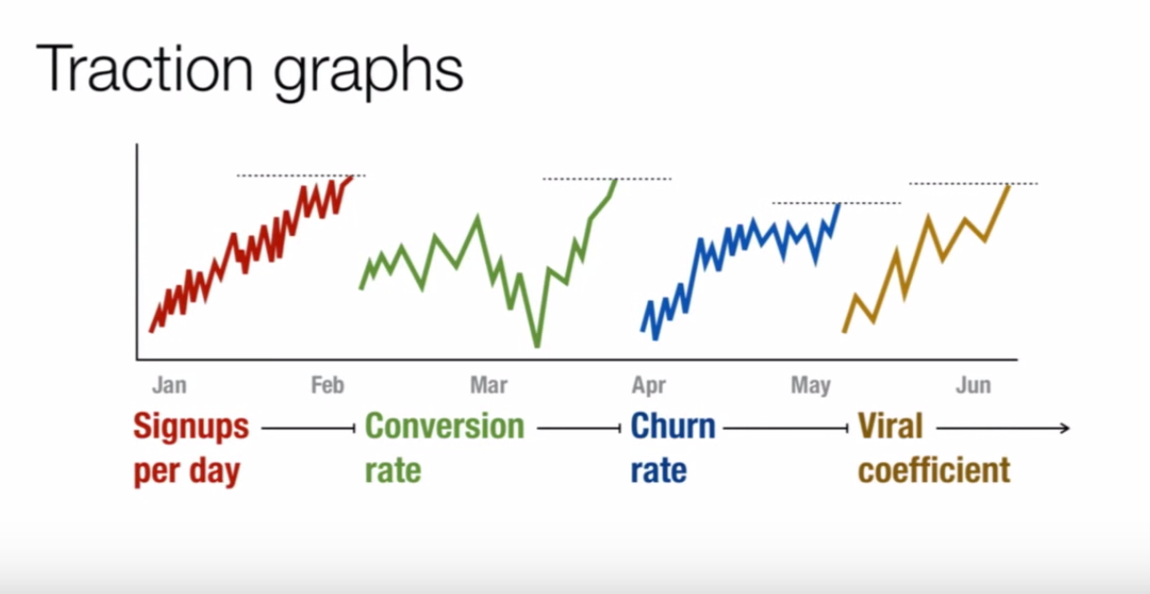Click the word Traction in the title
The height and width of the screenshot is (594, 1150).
click(x=146, y=68)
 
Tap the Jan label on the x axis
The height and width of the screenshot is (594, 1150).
click(x=169, y=385)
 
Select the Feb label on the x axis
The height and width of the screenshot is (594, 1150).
click(x=327, y=385)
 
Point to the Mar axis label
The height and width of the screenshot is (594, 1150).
click(x=488, y=385)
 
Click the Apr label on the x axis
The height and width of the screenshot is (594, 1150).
click(x=649, y=385)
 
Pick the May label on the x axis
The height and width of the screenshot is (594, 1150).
click(x=810, y=385)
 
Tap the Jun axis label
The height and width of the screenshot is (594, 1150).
click(x=974, y=385)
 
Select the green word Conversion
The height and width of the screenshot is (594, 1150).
click(x=444, y=426)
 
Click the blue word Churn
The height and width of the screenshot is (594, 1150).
click(x=673, y=426)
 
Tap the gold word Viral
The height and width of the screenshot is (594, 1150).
click(x=890, y=426)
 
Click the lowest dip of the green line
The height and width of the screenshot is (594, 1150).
click(x=537, y=345)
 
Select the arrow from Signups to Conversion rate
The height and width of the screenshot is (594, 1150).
click(x=306, y=429)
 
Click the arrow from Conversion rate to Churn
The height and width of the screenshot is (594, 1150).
click(x=578, y=429)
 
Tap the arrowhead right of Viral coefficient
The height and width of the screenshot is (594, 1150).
click(x=1065, y=429)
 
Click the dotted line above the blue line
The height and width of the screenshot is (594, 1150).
click(x=836, y=203)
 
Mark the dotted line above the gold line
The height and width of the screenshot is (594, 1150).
click(x=974, y=183)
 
